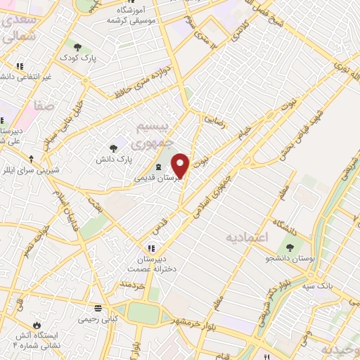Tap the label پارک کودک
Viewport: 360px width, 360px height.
76,57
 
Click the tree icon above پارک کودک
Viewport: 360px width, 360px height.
78,46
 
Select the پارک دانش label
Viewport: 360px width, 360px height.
113,160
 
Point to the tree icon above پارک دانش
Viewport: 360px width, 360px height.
113,148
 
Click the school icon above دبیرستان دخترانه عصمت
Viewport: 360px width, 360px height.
150,248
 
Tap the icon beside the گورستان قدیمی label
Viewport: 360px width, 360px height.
158,166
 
